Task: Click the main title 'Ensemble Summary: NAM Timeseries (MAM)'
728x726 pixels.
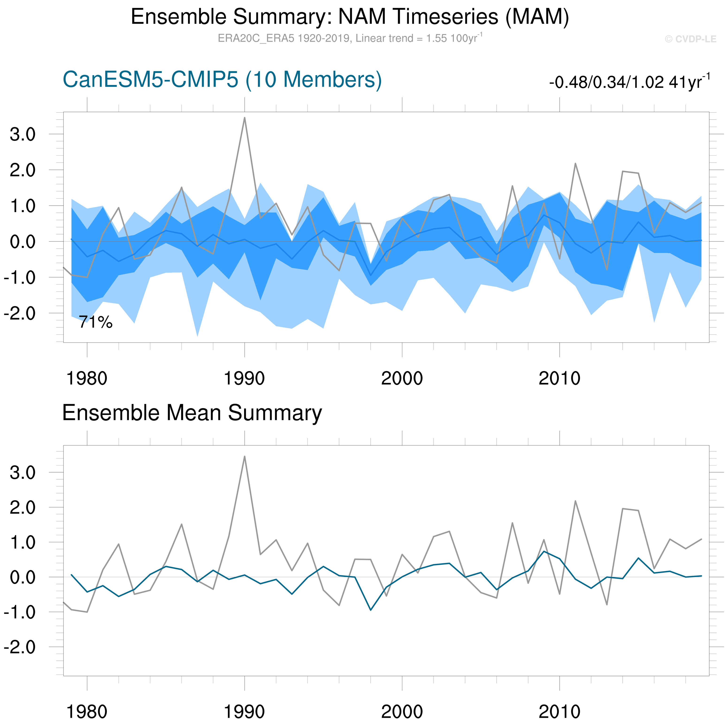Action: (x=350, y=17)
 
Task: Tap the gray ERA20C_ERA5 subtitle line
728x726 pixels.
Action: (x=350, y=38)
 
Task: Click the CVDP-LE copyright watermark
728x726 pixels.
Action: (x=690, y=39)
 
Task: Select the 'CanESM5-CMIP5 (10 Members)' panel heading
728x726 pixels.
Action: (x=222, y=80)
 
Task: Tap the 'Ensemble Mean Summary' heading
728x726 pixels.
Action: (x=192, y=413)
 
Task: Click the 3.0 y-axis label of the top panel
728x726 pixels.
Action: (x=23, y=134)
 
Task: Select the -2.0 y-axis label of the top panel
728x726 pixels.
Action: (x=19, y=313)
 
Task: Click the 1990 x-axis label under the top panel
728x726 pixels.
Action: (x=244, y=378)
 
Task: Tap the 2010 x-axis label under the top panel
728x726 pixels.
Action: (x=559, y=378)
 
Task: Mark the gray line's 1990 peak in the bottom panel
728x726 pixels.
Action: (x=245, y=457)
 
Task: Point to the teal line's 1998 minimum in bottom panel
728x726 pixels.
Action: (x=371, y=610)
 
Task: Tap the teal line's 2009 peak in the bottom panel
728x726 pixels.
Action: (x=544, y=551)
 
